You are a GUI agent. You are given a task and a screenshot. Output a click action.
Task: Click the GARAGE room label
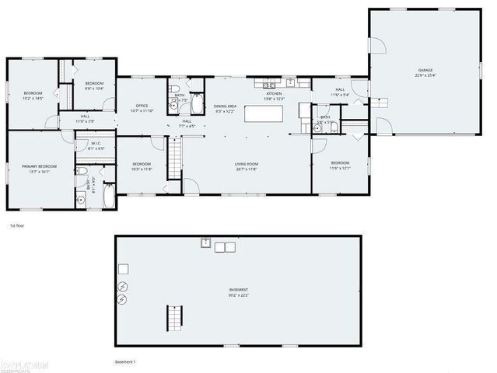tap(425, 70)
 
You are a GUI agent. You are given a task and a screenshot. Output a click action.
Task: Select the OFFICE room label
tap(142, 106)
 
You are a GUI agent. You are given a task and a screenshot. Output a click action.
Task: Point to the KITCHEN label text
tap(274, 93)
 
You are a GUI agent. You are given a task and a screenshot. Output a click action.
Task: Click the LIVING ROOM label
tap(247, 164)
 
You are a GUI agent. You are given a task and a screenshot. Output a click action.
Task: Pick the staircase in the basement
tap(172, 317)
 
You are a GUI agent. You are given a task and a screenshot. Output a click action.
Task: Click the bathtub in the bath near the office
tap(196, 104)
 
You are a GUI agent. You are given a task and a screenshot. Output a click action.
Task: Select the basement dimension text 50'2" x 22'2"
tap(238, 296)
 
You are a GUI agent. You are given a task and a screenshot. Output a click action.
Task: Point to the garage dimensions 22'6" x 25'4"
tap(425, 75)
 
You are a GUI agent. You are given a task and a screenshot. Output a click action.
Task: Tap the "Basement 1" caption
tap(125, 362)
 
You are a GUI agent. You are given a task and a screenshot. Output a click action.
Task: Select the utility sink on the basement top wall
tap(207, 244)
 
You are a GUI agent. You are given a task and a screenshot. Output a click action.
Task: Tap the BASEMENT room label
tap(238, 291)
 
